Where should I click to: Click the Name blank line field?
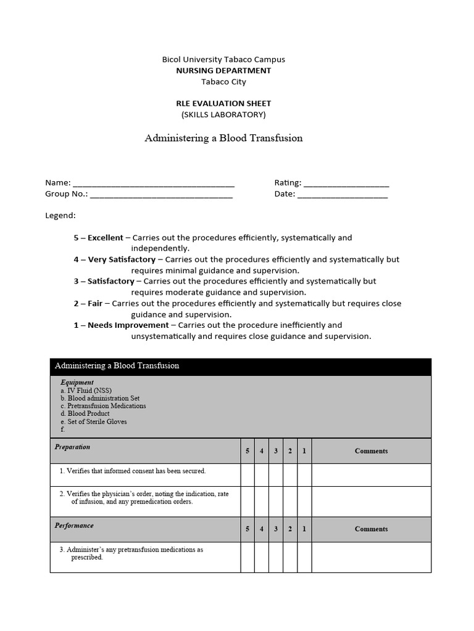point(153,184)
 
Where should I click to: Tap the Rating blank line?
point(346,184)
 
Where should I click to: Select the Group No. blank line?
point(161,195)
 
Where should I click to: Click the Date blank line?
point(342,195)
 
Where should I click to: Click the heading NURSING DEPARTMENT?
point(223,71)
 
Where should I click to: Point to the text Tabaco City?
point(223,82)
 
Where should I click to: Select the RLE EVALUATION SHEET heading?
point(223,104)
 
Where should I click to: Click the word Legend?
point(60,216)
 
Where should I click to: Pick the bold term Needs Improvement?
point(128,325)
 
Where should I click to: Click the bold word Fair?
point(96,303)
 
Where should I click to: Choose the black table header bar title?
point(117,366)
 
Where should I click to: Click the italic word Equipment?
point(77,383)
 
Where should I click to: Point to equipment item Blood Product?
point(85,414)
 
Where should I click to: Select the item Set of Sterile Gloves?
point(93,422)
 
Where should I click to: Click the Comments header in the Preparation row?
point(371,451)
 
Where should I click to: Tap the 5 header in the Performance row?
point(247,529)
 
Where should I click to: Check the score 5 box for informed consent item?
point(247,474)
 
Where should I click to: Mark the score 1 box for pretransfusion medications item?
point(304,557)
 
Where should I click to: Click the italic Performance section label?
point(74,526)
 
